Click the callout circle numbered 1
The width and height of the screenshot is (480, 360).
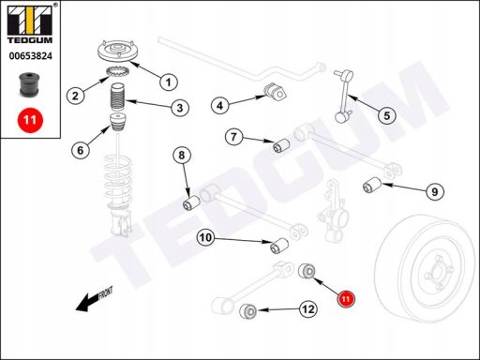169,82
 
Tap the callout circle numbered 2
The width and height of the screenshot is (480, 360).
75,96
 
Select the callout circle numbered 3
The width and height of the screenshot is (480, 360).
180,108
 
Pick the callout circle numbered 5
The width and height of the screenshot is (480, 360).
387,115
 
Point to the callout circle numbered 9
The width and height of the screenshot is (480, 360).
435,191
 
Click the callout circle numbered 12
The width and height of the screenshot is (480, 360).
308,309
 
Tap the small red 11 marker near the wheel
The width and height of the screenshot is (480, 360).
346,299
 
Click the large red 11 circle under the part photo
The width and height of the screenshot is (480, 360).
30,120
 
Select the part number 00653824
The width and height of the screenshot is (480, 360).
31,56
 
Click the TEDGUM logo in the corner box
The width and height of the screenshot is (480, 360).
30,23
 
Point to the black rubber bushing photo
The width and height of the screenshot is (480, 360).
29,84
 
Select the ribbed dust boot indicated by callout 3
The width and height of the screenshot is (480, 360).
117,97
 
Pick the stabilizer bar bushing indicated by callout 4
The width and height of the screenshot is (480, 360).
276,92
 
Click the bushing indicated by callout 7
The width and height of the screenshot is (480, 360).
281,145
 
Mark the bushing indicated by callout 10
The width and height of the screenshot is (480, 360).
279,246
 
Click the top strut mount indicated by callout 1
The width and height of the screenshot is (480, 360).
118,52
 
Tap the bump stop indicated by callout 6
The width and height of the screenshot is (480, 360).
118,123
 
